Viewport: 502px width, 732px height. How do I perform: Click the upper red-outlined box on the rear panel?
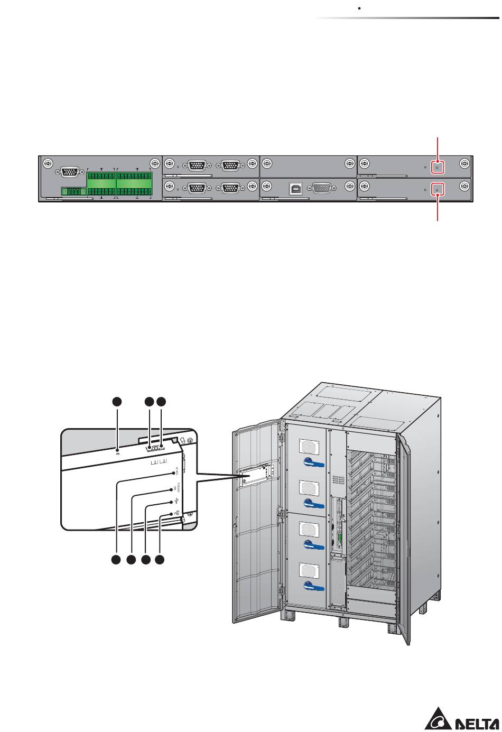[x=437, y=166]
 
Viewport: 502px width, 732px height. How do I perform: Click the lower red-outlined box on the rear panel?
[x=437, y=189]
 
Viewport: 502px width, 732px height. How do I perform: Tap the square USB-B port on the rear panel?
[x=296, y=189]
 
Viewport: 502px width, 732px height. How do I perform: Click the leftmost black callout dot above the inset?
[x=117, y=401]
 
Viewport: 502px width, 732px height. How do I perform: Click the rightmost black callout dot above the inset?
[x=161, y=401]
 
